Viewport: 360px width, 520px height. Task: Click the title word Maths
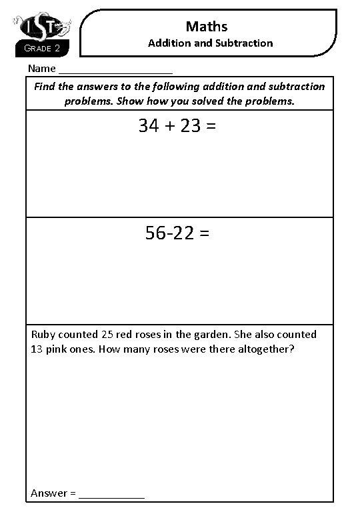207,26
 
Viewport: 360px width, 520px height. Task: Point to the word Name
42,68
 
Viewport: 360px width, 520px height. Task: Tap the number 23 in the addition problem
191,126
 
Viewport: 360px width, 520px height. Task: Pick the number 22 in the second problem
184,233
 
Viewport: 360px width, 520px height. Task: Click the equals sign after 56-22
205,234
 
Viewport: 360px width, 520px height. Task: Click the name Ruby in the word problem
43,335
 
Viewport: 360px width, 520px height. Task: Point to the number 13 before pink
37,349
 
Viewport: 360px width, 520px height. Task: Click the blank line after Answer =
111,494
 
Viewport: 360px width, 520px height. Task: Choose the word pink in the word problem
59,349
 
